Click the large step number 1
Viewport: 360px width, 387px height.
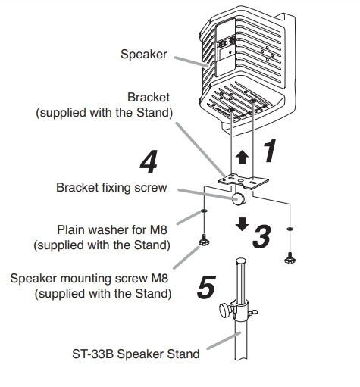pos(271,151)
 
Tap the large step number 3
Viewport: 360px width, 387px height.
pos(262,236)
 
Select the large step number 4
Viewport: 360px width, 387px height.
pos(149,161)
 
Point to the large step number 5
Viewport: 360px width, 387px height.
pos(206,286)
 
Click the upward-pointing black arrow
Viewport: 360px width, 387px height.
pos(242,158)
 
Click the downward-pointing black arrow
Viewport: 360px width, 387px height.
pos(242,224)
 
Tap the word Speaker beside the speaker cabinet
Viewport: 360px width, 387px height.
pos(144,55)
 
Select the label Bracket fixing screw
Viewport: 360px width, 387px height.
pos(111,188)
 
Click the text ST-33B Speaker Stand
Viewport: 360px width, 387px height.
pos(136,354)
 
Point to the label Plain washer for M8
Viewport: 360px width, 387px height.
pos(112,230)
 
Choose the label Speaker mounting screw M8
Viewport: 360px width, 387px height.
pos(89,279)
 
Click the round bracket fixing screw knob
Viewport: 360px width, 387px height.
pos(238,198)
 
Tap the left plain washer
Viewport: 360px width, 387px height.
pos(204,211)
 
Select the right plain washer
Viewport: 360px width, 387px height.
pos(290,229)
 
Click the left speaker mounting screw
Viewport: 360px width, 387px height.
pos(204,240)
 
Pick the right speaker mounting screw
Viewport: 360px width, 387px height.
pos(290,258)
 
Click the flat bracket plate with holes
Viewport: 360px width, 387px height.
pos(243,181)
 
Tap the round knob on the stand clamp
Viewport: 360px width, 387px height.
pos(224,311)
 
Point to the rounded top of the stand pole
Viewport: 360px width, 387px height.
pos(241,261)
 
